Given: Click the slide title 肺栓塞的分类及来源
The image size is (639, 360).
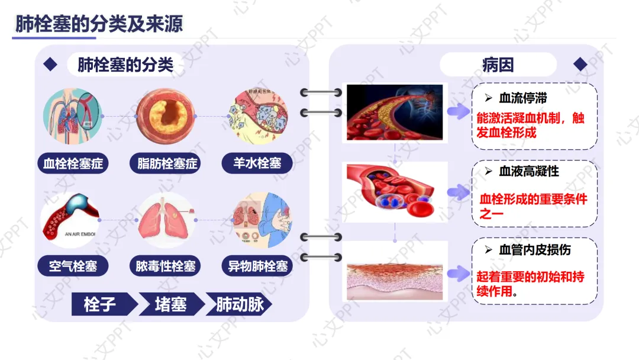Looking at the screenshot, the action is pos(99,24).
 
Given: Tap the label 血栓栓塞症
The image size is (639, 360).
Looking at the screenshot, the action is pos(73,163).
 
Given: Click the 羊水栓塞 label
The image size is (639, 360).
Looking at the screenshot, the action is pos(257,163).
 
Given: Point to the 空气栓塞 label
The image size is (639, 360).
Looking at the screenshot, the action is pos(73,266).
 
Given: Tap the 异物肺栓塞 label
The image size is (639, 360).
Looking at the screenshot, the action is pos(258,266).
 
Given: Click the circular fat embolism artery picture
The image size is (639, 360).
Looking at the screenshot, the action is pos(166,117).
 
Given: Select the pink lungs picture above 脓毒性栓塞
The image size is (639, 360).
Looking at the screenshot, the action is pos(166,220).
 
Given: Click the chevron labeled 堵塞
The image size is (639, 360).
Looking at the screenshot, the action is pos(170,304).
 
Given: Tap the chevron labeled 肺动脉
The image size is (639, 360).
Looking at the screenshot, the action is pos(238,304).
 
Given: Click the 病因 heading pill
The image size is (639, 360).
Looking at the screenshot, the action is pos(498,65).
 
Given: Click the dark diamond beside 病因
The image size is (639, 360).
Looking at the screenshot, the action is pos(580,65).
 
